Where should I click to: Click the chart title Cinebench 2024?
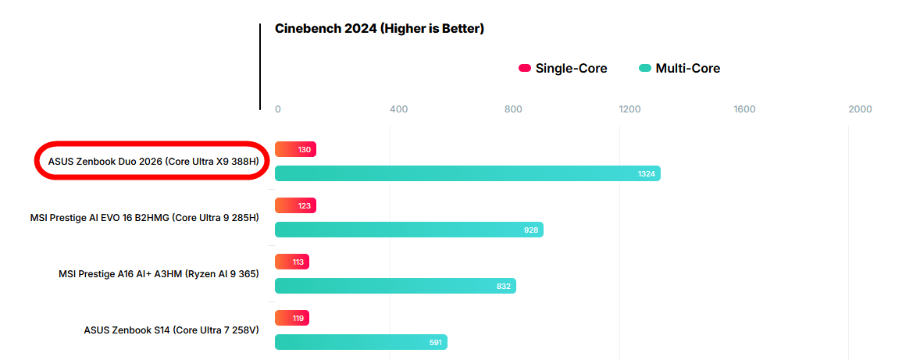[380, 29]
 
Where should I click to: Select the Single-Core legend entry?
[563, 69]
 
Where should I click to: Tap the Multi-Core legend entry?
[679, 69]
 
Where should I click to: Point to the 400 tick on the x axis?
[398, 109]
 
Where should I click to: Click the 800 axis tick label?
[513, 109]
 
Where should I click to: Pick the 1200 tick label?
[629, 109]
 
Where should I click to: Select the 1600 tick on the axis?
[745, 109]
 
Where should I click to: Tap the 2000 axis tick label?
[861, 109]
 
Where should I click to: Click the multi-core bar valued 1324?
[467, 173]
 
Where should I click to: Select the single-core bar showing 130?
[295, 149]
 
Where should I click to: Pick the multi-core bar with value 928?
[408, 230]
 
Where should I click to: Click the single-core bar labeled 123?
[295, 205]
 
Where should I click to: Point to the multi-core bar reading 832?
[395, 286]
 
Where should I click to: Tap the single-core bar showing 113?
[292, 262]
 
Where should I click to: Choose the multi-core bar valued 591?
[361, 342]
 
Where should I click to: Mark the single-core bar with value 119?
[292, 318]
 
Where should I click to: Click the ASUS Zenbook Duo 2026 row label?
[153, 162]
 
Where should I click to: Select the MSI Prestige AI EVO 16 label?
[144, 218]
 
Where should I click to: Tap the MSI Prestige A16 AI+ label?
[159, 274]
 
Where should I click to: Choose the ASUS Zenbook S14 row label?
[171, 330]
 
